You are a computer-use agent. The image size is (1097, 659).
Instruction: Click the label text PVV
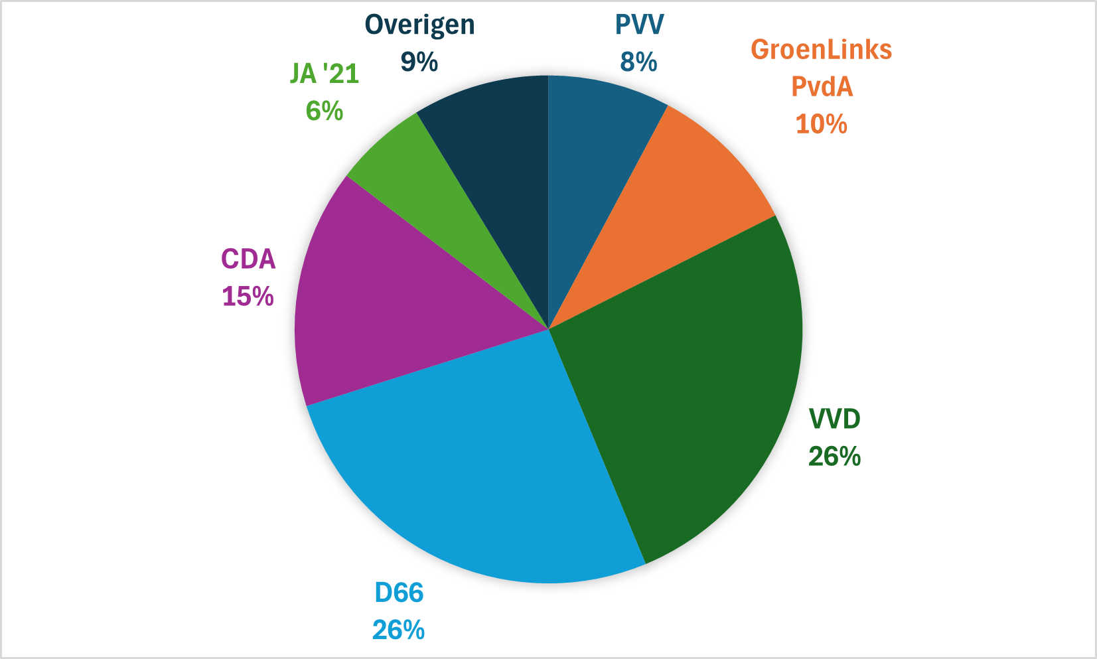coord(638,25)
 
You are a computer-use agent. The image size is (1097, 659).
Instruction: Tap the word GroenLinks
coord(821,50)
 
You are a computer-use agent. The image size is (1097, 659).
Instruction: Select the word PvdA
coord(822,87)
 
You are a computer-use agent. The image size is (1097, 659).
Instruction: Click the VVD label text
coord(834,419)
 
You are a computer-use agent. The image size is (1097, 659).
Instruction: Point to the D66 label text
coord(399,593)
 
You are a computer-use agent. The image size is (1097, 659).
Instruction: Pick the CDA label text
coord(248,259)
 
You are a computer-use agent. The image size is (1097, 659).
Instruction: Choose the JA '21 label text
coord(325,74)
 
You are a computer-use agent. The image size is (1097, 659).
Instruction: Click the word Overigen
coord(419,25)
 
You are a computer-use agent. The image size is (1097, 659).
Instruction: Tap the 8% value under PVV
coord(638,62)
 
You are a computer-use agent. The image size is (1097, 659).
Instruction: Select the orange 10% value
coord(822,124)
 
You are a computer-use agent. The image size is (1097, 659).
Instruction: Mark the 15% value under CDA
coord(248,296)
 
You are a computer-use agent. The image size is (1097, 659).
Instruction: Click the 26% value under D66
coord(399,630)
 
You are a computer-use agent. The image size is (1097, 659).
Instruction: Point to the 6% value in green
coord(325,111)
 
